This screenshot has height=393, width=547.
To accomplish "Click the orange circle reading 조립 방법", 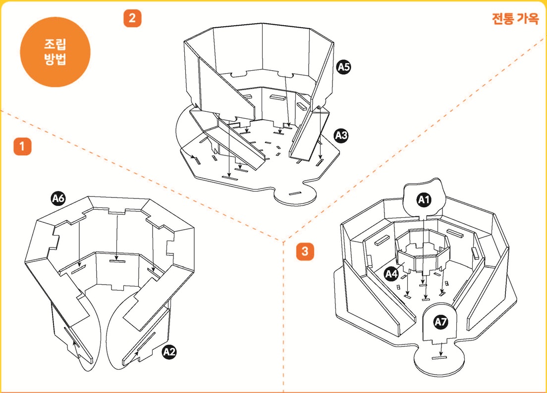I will point(55,52).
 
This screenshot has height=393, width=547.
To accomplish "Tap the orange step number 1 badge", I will point(22,147).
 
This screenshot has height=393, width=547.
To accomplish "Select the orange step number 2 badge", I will point(132,18).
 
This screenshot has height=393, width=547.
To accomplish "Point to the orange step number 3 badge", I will point(305,251).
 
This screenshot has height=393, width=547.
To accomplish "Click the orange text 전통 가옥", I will point(515,19).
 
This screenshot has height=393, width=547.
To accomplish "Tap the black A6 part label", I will point(58,198).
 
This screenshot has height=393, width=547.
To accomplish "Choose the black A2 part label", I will point(169,352).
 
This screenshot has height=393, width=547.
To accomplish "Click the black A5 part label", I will point(343,67).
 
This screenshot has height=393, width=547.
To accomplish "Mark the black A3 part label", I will point(341,135).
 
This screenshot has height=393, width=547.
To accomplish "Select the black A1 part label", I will point(423,200).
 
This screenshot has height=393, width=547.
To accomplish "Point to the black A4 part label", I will point(392,273).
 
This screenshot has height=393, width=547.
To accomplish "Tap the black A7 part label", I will point(440,322).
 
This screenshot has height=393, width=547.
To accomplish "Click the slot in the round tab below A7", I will point(437,356).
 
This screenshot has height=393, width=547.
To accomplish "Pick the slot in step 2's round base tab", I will point(296,192).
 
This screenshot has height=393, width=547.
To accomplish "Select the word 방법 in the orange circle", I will point(55,60).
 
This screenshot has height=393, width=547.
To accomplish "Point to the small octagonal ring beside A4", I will point(424,250).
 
